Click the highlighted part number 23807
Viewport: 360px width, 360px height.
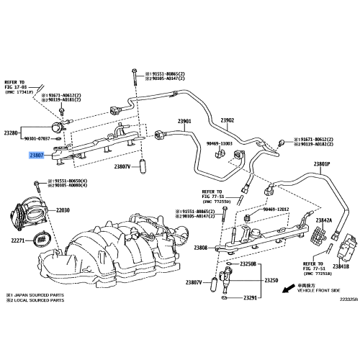coord(37,155)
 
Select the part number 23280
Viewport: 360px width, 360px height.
coord(12,133)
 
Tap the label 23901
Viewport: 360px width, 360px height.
coord(184,121)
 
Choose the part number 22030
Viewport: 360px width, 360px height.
coord(62,210)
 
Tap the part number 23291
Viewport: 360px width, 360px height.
coord(250,297)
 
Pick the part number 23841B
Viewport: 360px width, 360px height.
coord(340,266)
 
